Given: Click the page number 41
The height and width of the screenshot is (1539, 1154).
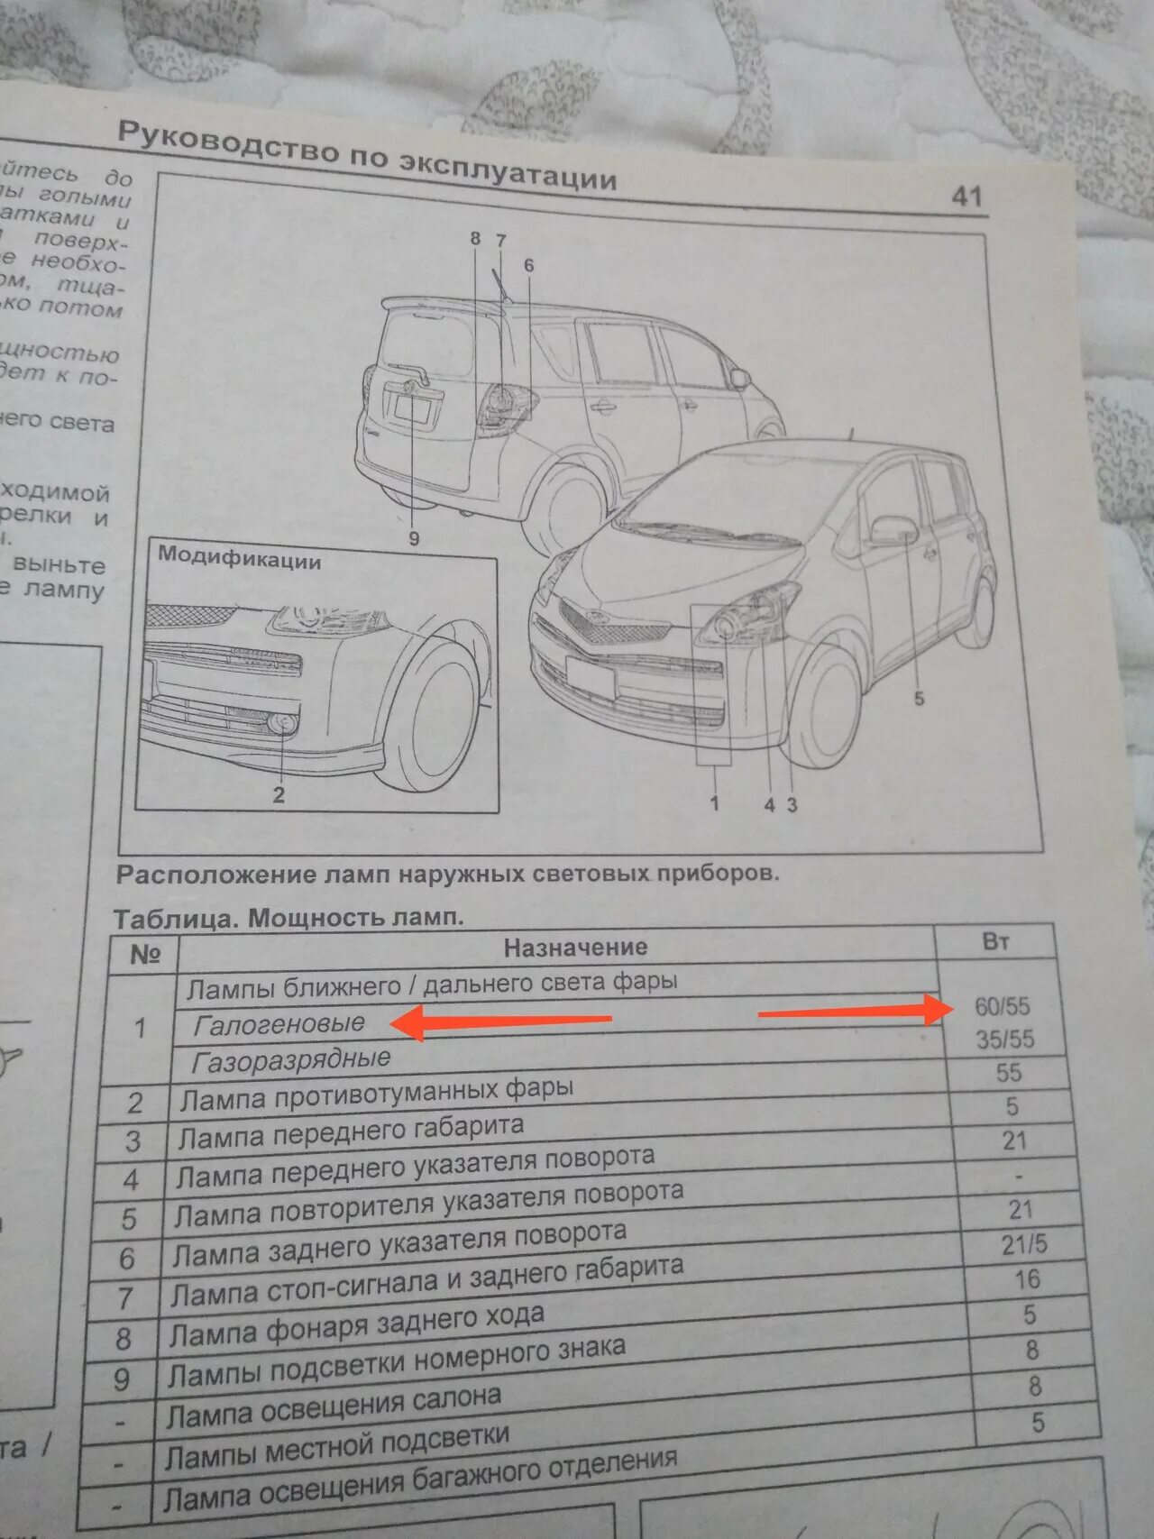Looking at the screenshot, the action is point(966,196).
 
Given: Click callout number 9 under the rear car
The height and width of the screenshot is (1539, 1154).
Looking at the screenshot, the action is point(414,538).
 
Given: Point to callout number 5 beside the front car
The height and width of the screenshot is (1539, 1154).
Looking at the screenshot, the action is point(919,698).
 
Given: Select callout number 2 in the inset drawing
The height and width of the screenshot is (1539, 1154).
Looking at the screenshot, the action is point(279,794).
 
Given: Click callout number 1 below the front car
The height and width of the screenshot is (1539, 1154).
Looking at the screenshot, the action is point(714,802).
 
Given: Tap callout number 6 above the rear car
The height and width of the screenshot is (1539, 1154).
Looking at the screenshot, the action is point(528,265).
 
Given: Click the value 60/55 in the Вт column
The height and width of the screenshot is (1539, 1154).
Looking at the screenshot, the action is point(1002,1006).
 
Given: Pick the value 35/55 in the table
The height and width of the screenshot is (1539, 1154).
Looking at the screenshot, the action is point(1004,1040).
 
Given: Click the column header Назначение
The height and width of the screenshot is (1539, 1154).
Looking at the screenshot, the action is point(575,947).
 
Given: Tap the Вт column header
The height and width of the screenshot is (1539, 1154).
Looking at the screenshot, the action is point(995,941).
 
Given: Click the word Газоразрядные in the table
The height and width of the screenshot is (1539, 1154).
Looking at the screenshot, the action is point(291,1060).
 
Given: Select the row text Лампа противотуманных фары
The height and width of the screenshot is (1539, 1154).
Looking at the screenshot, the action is point(377,1095).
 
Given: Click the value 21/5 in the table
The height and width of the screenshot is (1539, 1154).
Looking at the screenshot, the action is point(1024,1245).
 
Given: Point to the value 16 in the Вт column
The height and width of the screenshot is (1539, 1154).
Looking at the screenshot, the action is point(1027,1279).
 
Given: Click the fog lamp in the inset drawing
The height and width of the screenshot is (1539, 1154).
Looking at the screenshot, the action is point(284,722).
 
